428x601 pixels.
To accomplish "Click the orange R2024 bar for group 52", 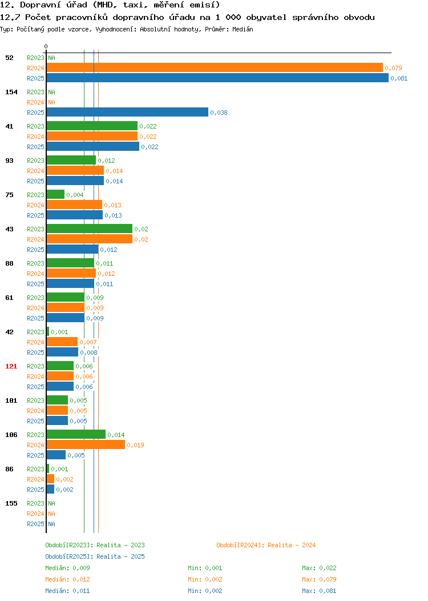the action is [x=215, y=68].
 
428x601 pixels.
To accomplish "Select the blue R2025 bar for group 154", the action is [x=127, y=113].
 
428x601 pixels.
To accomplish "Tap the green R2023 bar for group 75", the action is [x=55, y=195].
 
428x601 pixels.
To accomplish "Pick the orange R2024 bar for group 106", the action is [x=86, y=445].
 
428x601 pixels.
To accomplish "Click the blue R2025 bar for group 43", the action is [x=72, y=250].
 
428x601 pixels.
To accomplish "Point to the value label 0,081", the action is [x=399, y=79].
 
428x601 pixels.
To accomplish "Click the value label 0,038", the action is [x=219, y=113].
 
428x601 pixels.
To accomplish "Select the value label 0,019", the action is [x=135, y=446].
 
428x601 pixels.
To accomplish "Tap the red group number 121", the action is [x=11, y=366].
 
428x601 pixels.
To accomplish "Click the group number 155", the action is [x=11, y=504].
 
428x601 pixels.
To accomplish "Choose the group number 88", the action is [x=9, y=264].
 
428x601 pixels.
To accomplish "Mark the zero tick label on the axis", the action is [x=46, y=47].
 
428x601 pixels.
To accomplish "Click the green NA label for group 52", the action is [x=52, y=58].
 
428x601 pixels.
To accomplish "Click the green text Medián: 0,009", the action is [x=67, y=568].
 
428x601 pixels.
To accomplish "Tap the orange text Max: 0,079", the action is [x=319, y=579].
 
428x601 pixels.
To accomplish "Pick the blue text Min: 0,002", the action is [x=205, y=591].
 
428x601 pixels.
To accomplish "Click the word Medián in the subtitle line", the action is [x=243, y=29].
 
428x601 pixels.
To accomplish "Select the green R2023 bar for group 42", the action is [x=48, y=332].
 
